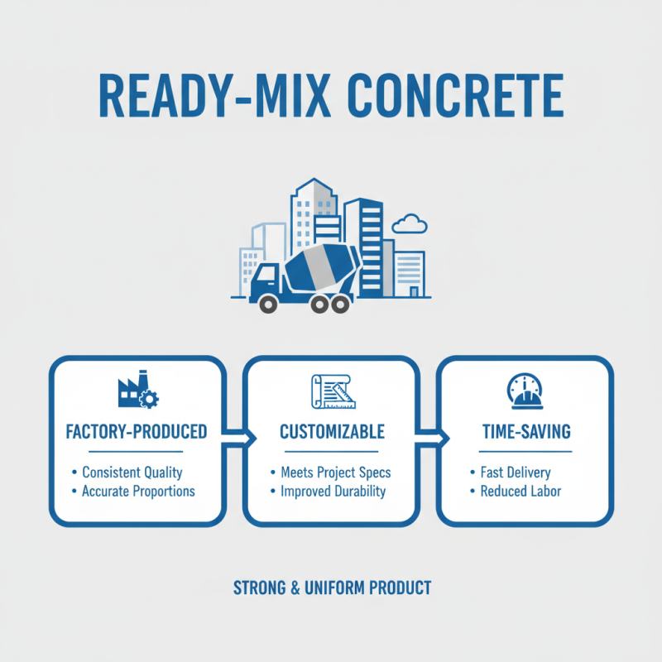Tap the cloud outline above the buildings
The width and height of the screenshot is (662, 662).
[408, 223]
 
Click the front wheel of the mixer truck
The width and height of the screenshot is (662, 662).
[268, 304]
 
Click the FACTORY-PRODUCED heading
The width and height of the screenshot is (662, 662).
[136, 432]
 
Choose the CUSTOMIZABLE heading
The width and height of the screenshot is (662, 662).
[332, 432]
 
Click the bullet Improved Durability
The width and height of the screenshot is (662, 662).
[333, 492]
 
